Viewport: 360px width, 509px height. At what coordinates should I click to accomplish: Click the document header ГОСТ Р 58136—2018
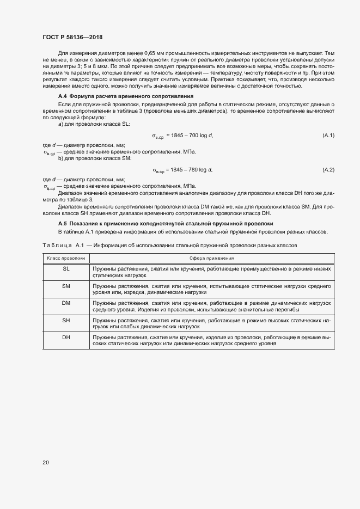[x=72, y=37]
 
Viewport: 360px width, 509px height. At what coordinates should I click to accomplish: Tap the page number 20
[x=46, y=463]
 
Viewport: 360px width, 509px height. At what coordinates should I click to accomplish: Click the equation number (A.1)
[x=328, y=135]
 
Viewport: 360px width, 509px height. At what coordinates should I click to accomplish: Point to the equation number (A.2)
[x=328, y=170]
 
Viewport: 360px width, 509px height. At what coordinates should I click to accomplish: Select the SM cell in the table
[x=66, y=286]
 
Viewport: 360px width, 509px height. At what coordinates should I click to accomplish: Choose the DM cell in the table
[x=66, y=303]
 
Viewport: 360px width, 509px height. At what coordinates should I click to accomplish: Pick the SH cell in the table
[x=66, y=321]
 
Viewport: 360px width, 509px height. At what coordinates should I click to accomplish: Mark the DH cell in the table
[x=66, y=338]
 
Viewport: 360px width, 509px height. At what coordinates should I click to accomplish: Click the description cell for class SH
[x=212, y=324]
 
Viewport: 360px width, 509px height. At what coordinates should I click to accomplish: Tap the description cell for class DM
[x=212, y=306]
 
